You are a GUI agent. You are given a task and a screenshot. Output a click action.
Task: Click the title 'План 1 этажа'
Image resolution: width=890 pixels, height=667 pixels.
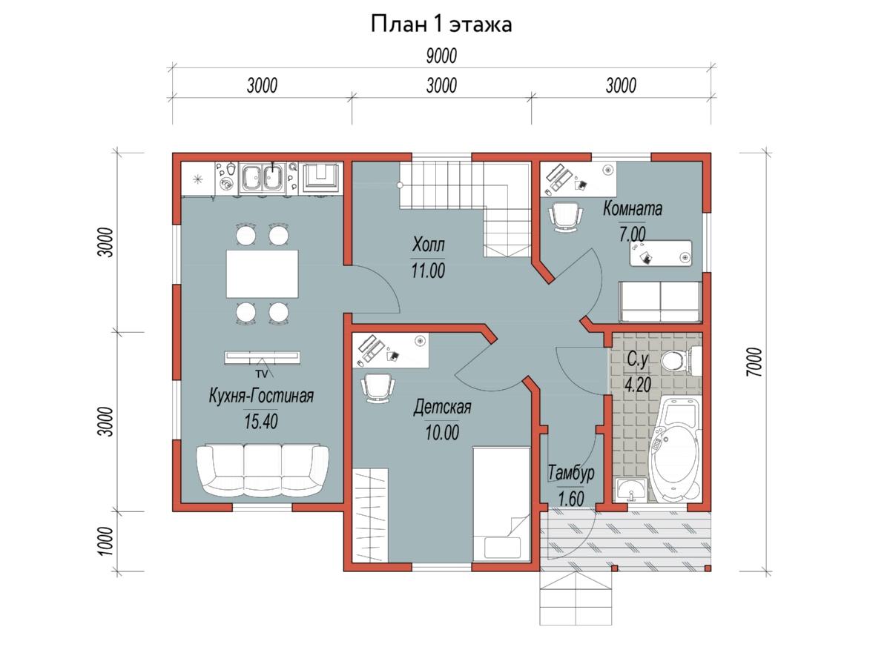coord(441,24)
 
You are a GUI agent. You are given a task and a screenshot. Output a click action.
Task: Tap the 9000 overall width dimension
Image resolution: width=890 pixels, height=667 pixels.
coord(441,56)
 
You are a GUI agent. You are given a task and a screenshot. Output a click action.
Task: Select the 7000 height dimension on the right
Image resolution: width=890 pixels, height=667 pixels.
coord(754,362)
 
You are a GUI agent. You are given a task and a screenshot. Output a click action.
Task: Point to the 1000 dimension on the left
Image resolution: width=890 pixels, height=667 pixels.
coord(105,541)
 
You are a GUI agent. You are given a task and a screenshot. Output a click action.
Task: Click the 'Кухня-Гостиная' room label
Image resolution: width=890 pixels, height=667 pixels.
coord(261,396)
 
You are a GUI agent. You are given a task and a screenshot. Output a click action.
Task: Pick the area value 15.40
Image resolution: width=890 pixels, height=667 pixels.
coord(261,422)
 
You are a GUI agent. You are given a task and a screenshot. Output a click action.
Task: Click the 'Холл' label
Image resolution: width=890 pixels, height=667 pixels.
coord(428,245)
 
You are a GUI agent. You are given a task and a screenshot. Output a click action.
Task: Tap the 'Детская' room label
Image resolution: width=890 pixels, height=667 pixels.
coord(442,407)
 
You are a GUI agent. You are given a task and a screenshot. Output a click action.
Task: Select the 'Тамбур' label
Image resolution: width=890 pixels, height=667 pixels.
coord(571,473)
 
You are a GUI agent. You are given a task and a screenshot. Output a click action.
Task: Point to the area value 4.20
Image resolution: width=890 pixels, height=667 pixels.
coord(638,385)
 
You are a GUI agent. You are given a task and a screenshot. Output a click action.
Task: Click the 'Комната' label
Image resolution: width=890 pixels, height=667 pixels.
coord(633,208)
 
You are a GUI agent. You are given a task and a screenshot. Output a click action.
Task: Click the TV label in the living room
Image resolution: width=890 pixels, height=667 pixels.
coord(262,374)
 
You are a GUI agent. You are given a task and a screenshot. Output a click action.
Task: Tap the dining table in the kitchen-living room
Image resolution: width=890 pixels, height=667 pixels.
coord(262,273)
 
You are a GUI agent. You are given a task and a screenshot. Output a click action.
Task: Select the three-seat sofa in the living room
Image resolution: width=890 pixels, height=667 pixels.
coord(263,471)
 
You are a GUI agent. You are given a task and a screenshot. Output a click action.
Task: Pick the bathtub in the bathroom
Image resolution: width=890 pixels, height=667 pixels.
coord(675,450)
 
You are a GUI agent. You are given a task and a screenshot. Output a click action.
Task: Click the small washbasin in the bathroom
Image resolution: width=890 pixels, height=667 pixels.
coord(631,491)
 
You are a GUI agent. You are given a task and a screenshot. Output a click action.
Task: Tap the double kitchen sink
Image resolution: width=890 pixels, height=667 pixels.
coord(262,177)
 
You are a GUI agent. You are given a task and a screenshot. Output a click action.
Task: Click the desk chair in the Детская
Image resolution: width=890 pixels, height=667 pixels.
coord(378,388)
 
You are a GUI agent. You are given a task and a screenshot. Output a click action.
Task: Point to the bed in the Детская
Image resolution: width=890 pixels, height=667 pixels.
coord(501,504)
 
